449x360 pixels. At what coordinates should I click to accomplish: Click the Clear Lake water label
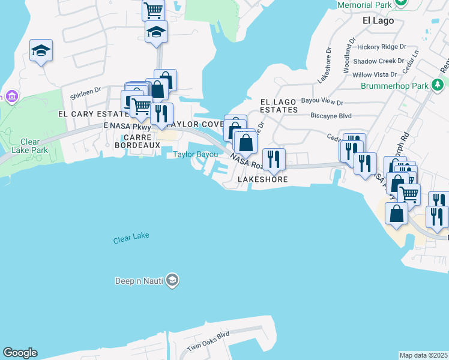(131, 238)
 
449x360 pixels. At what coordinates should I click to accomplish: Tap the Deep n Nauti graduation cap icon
(172, 280)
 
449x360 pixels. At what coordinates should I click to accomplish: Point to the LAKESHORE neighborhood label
(262, 179)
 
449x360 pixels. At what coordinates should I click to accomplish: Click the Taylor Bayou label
(195, 154)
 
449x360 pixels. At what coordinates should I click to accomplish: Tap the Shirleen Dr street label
(83, 95)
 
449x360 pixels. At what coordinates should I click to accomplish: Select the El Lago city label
(378, 20)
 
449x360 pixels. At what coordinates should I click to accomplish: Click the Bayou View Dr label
(322, 103)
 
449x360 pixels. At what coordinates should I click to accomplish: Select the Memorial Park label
(364, 5)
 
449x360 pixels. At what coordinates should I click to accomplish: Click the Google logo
(20, 353)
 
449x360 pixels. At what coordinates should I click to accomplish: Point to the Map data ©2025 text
(423, 355)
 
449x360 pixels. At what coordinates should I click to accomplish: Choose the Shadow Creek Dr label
(379, 61)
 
